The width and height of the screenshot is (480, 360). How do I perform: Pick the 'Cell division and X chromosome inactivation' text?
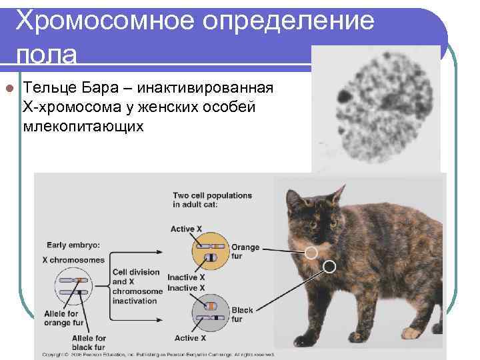coord(136,287)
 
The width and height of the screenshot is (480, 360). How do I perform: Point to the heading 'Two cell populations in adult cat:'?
coord(212,200)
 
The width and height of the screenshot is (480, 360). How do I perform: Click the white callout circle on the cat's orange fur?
coord(311,253)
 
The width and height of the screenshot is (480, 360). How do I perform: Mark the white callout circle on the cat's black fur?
coord(329,267)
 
